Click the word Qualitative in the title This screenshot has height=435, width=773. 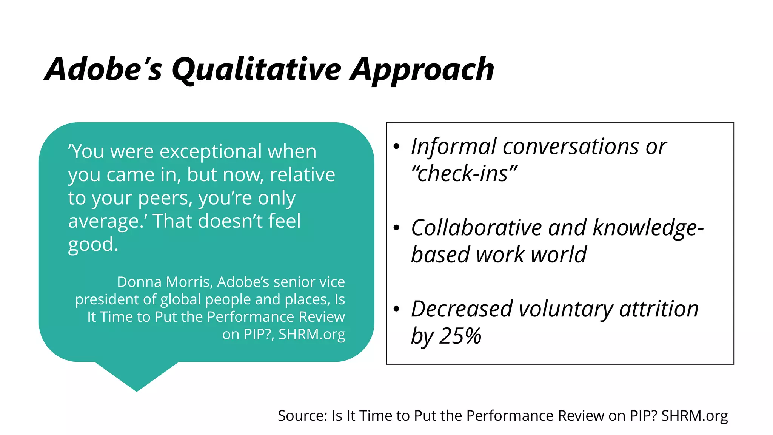[256, 70]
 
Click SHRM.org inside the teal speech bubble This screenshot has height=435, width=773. [312, 334]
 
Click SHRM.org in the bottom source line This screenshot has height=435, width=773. [694, 415]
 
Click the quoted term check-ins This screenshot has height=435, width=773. [464, 174]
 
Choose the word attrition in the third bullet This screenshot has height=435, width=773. [659, 309]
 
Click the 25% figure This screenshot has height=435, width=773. [461, 336]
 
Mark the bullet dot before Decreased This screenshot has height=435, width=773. [396, 309]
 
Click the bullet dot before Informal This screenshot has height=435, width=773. [396, 147]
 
